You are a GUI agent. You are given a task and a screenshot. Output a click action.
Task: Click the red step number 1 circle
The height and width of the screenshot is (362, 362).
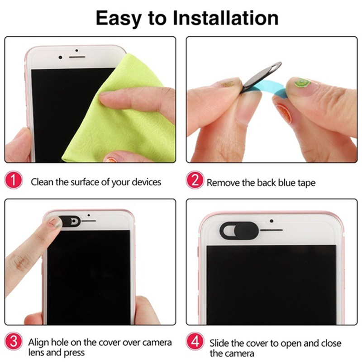[x=14, y=180]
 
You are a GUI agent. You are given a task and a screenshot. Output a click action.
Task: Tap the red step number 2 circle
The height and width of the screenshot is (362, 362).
[x=195, y=180]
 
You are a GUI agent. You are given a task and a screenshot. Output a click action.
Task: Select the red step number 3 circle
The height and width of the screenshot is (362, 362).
[x=14, y=341]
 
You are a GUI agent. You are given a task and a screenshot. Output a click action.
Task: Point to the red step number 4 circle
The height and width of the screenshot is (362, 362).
[x=195, y=341]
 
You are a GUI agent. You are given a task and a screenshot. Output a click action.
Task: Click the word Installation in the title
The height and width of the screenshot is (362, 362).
[x=225, y=18]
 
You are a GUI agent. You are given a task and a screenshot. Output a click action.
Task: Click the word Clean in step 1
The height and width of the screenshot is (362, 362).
[x=42, y=182]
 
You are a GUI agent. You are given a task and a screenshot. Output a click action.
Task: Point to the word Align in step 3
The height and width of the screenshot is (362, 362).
[x=38, y=343]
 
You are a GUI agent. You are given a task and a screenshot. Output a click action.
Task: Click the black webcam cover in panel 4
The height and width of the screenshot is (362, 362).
[x=239, y=230]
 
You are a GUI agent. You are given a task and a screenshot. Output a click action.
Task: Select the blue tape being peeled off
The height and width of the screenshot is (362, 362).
[x=270, y=89]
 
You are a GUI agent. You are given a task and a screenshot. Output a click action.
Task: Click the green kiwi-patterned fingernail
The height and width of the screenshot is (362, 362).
[x=301, y=82]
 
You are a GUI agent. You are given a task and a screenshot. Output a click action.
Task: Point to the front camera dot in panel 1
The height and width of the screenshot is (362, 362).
[x=60, y=57]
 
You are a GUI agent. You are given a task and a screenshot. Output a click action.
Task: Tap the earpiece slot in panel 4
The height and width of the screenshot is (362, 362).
[x=271, y=230]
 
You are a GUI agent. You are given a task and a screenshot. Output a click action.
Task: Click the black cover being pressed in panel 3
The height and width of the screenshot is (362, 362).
[x=69, y=221]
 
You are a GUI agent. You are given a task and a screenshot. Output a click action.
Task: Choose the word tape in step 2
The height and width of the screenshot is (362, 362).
[x=306, y=183]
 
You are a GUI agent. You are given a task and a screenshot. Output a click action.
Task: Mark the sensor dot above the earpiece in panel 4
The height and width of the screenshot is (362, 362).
[x=272, y=221]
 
